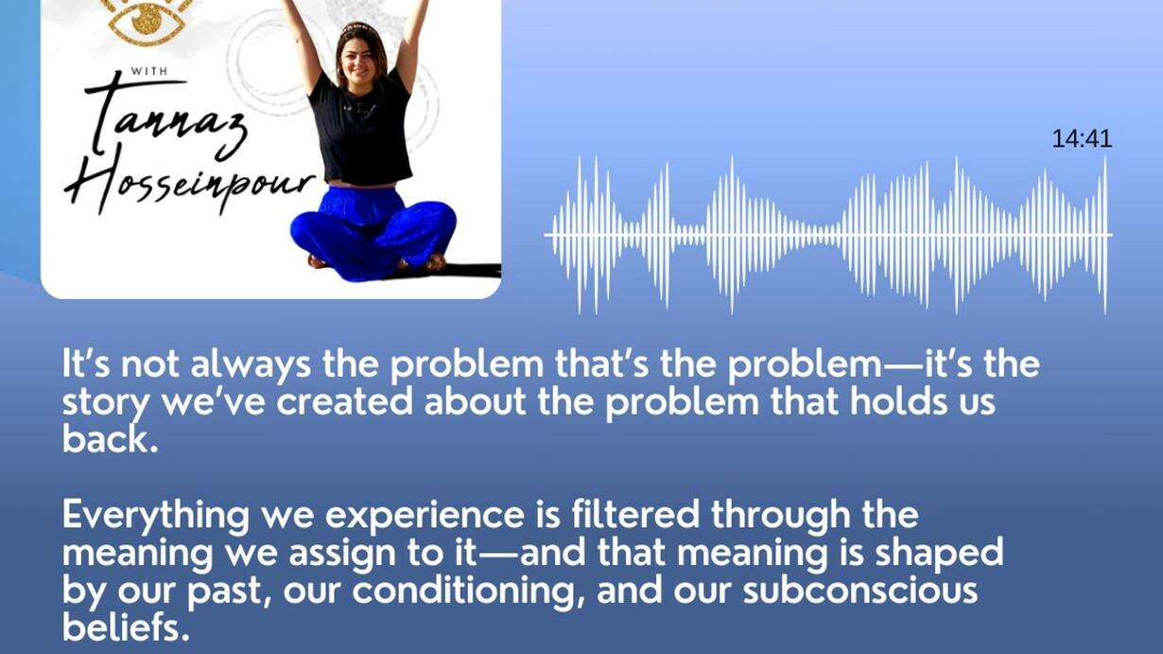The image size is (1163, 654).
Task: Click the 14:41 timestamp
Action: tap(1082, 139)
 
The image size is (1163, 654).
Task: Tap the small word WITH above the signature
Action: tap(149, 71)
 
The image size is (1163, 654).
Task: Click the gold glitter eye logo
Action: tap(148, 21)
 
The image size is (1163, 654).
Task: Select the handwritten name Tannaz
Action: tap(164, 117)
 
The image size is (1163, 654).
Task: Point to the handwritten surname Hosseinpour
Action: tap(189, 182)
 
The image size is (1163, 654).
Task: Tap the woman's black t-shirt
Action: tap(364, 129)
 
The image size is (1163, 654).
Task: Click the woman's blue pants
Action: tap(373, 234)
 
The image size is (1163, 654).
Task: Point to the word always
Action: tap(251, 363)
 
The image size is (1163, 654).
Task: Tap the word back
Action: tap(110, 439)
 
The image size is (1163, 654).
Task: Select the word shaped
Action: tap(940, 553)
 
